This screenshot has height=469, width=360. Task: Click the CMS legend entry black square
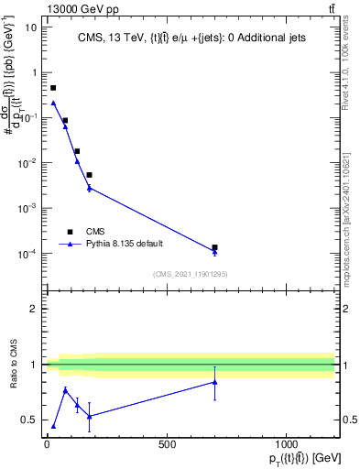point(70,232)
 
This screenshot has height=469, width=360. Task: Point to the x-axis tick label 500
point(167,444)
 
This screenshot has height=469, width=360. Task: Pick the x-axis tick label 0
point(47,444)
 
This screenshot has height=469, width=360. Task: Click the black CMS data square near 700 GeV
point(214,247)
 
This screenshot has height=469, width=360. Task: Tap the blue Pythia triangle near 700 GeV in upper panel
point(214,252)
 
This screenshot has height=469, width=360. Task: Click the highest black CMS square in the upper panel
point(53,88)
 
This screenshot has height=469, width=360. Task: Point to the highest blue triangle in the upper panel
point(53,103)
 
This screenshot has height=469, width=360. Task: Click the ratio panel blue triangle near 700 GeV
point(214,382)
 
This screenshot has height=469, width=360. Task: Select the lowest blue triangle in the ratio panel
point(53,426)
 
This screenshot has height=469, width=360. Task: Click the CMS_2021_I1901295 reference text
point(190,274)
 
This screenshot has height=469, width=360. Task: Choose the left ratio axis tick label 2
point(34,309)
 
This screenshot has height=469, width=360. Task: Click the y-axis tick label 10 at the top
point(32,27)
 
